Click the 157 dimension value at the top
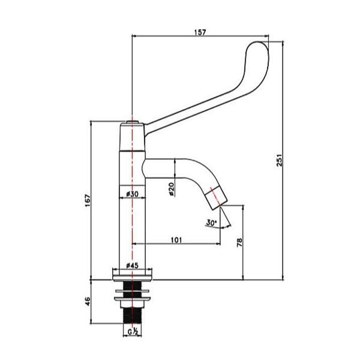pos(200,32)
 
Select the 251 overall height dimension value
pos(280,160)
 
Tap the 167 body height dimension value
pos(88,200)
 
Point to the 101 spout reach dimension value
pos(176,240)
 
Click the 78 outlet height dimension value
pos(239,242)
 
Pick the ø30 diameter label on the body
pos(132,194)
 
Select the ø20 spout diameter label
pos(171,189)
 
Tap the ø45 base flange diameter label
pos(133,266)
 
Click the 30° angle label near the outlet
pos(211,223)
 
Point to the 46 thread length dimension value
pos(88,301)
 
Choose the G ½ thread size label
pos(133,332)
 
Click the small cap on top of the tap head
pos(132,122)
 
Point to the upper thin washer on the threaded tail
pos(133,291)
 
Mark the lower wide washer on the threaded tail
pos(133,298)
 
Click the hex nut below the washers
pos(133,304)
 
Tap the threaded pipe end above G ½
pos(133,316)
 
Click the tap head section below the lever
pos(132,137)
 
